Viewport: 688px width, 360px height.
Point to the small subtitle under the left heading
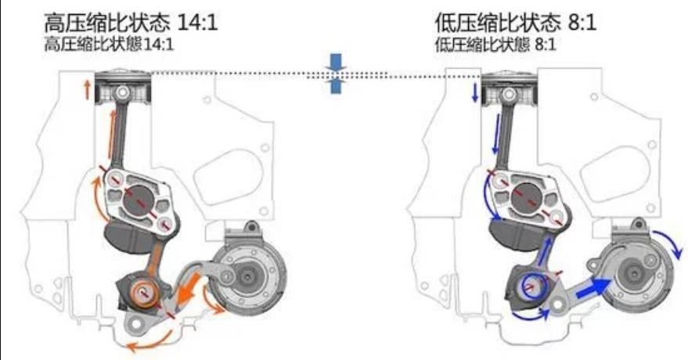pyautogui.click(x=109, y=45)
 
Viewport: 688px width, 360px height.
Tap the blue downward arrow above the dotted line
pyautogui.click(x=336, y=61)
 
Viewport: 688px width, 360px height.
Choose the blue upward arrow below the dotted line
pyautogui.click(x=336, y=87)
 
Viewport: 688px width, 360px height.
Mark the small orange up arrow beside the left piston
pyautogui.click(x=85, y=88)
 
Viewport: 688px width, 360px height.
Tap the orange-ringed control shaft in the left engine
pyautogui.click(x=143, y=294)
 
